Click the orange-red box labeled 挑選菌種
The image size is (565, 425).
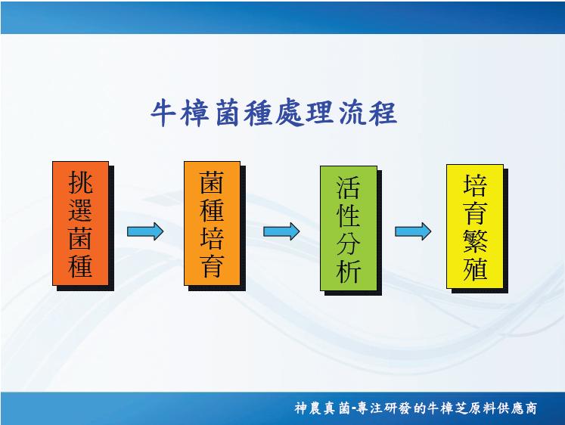pos(81,223)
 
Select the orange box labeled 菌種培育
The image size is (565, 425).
pos(213,223)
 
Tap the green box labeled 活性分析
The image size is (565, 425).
pos(349,228)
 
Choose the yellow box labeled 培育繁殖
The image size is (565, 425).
pos(475,226)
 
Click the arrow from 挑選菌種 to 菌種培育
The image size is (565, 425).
pos(145,231)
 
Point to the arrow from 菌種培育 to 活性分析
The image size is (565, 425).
pos(281,231)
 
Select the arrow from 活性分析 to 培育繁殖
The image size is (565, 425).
pos(413,231)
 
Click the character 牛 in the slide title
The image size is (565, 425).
pos(163,114)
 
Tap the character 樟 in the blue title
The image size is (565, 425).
pos(195,114)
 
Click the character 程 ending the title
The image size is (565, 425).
pos(383,114)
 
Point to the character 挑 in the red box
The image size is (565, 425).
pos(81,182)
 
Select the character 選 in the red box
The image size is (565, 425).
pos(81,210)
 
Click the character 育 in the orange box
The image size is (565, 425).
pos(213,265)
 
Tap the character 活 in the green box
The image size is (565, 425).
pos(349,188)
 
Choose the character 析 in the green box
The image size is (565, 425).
pos(349,271)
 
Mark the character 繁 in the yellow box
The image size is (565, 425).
pos(475,241)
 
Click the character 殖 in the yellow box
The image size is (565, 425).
pos(475,268)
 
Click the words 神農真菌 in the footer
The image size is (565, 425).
pos(322,408)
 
